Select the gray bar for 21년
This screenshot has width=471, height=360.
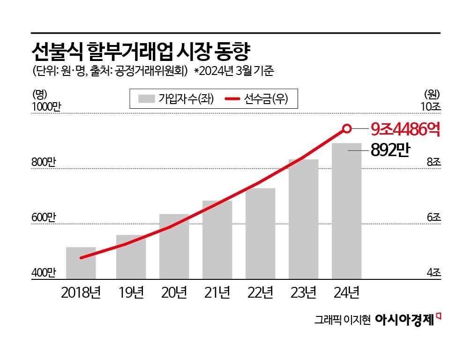(217, 240)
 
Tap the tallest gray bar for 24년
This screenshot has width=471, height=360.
(346, 211)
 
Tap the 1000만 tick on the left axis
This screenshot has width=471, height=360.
(46, 107)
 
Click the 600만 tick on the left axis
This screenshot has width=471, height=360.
(44, 218)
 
